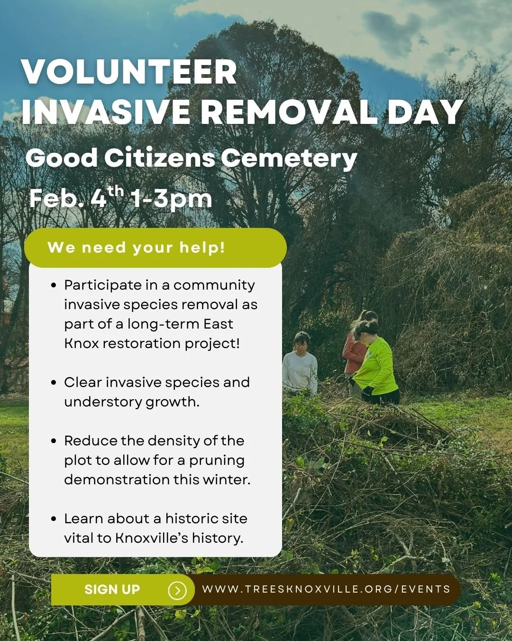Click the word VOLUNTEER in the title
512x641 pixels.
point(129,72)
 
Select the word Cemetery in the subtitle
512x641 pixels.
point(289,158)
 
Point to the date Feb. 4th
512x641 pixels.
point(76,198)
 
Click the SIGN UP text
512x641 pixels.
point(112,589)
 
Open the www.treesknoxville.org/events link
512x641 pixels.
point(326,589)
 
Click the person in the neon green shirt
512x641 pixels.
point(375,363)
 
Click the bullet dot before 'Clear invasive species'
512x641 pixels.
point(54,383)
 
